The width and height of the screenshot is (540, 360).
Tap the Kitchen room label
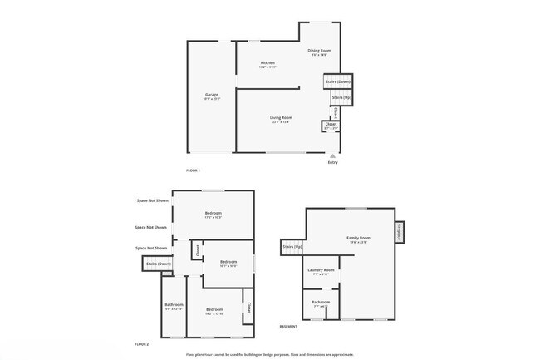(x=268, y=64)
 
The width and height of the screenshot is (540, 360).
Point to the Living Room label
(x=281, y=119)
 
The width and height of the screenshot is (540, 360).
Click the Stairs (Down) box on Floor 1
(x=338, y=81)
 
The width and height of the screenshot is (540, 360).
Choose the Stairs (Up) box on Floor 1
(x=341, y=98)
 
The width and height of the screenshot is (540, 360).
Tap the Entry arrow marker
(x=332, y=155)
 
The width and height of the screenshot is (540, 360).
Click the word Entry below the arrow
(x=332, y=162)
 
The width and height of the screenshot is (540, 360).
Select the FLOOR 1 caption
(x=193, y=170)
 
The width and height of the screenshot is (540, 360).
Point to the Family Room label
(x=358, y=239)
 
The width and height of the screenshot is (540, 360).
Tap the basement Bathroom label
(x=321, y=303)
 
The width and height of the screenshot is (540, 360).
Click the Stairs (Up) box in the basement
(x=292, y=247)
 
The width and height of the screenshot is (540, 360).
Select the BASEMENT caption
(x=288, y=327)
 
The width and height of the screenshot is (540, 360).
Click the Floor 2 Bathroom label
(x=173, y=306)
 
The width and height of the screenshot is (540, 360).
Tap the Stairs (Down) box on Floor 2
(x=157, y=264)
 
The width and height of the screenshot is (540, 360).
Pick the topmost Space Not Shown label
(x=152, y=200)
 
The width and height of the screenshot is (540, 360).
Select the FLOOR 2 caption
(x=142, y=343)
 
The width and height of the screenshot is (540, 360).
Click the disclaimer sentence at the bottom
(x=269, y=354)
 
